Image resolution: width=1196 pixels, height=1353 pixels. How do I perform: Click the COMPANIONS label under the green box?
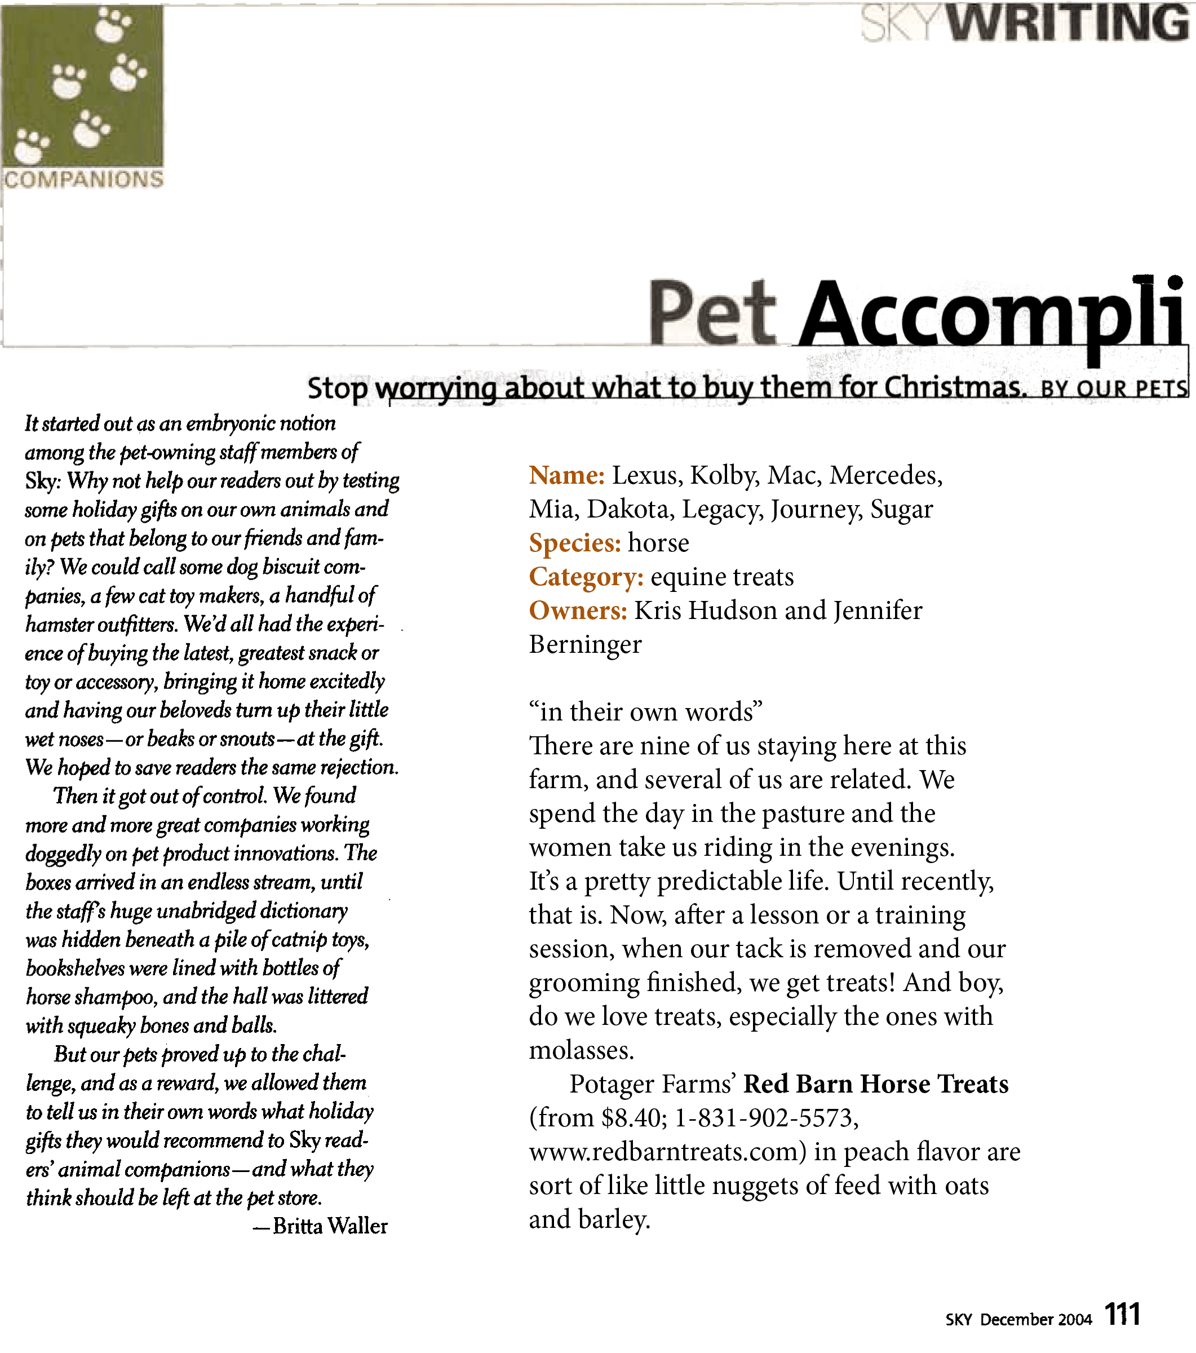[83, 179]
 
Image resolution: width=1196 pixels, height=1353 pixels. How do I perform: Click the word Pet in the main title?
[711, 312]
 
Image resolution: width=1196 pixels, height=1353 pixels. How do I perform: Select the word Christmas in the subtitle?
[954, 387]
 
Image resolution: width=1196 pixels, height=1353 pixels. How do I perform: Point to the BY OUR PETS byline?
[1113, 388]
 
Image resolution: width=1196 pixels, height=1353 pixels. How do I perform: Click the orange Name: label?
[566, 475]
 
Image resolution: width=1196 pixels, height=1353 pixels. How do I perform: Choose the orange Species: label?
[574, 543]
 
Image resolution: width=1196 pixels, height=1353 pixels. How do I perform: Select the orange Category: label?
[586, 577]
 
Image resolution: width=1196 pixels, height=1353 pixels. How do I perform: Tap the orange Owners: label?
[578, 611]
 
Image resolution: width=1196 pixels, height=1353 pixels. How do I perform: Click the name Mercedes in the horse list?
[885, 475]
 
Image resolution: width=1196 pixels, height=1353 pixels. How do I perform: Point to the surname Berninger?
[585, 644]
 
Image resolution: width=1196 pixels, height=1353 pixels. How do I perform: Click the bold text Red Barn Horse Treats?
[876, 1084]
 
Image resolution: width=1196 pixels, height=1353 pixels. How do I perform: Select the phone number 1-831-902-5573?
[767, 1118]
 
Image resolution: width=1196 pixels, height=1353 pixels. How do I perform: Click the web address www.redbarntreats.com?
[665, 1152]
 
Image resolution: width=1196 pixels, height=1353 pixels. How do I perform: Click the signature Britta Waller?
[330, 1226]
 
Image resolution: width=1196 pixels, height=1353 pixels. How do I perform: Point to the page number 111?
[1123, 1314]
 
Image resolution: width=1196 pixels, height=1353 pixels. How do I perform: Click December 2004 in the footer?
[1035, 1319]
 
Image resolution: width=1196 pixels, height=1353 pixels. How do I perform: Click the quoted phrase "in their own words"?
[645, 712]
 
